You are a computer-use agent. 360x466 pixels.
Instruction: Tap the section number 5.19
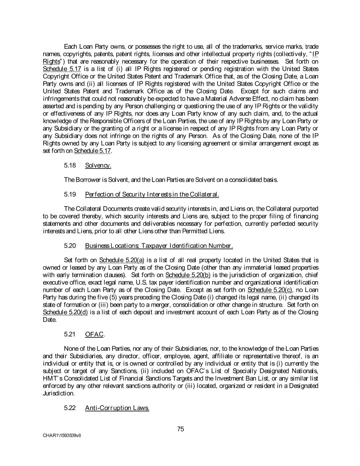coord(70,195)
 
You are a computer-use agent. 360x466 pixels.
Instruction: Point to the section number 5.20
coord(70,246)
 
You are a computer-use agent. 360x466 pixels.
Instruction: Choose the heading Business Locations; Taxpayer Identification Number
coord(159,246)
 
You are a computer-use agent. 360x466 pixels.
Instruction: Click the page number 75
coord(181,428)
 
